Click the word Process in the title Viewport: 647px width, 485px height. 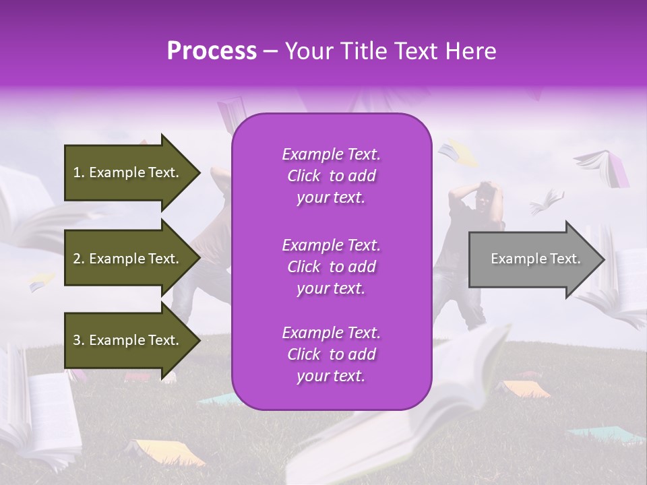point(212,51)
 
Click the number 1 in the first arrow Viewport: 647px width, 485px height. point(76,172)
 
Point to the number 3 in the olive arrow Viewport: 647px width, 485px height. point(76,340)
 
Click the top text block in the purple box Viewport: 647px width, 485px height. point(331,176)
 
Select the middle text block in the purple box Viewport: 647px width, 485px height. point(331,266)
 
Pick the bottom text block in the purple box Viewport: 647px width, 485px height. point(331,354)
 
